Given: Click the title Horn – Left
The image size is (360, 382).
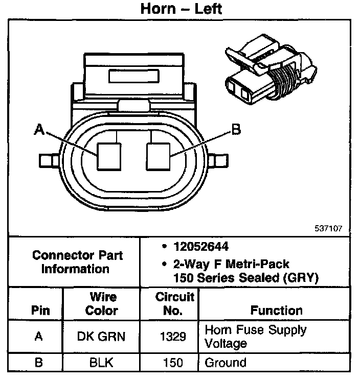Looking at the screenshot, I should (181, 9).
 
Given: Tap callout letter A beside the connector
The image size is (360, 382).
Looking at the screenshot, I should (39, 130).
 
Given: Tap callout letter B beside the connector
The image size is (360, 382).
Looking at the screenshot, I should (236, 130).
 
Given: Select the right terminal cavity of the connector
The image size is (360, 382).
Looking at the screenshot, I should (159, 156).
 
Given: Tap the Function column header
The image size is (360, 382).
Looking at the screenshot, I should (276, 310).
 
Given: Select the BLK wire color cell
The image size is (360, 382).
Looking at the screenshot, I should (101, 363).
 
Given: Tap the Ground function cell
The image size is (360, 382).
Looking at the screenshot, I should (225, 363).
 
